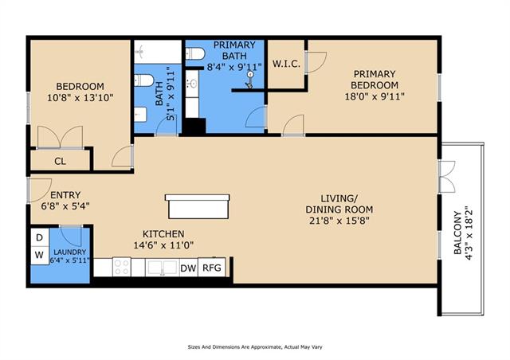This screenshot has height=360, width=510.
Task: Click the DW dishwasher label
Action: (188, 268)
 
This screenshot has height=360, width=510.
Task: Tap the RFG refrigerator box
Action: (212, 268)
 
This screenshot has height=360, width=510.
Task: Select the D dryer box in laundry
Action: (40, 237)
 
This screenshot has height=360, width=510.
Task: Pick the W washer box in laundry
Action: (40, 256)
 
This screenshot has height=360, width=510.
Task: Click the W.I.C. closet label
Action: (286, 64)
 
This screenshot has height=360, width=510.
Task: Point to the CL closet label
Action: (60, 161)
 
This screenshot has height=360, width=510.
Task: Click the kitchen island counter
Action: (198, 206)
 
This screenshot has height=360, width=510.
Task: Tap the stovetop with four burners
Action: (122, 267)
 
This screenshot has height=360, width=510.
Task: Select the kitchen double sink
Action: (163, 268)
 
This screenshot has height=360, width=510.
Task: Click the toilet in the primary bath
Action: (194, 53)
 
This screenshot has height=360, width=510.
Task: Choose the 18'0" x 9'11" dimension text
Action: (375, 96)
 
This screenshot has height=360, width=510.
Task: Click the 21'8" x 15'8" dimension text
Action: (339, 221)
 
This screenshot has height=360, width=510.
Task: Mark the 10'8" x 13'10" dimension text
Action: (80, 97)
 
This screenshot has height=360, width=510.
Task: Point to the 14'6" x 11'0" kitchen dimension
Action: (163, 245)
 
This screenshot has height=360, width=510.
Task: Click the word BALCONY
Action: (457, 233)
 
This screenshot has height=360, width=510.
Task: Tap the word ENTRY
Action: (65, 195)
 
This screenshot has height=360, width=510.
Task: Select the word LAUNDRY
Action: (70, 252)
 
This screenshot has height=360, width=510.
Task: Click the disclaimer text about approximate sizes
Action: (255, 347)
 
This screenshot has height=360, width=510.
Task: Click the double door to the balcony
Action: (447, 177)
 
